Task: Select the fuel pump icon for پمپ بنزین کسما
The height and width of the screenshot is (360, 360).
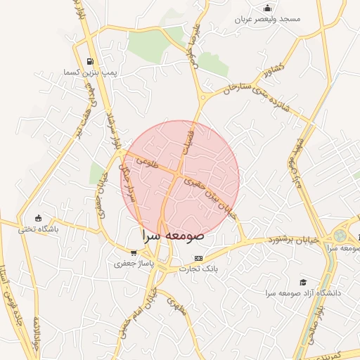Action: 89,61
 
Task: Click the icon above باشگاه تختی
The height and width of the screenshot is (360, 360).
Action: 38,217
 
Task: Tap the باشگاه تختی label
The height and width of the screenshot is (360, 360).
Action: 38,229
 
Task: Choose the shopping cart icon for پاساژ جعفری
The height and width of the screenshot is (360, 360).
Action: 134,252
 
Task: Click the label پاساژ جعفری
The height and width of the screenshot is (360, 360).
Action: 134,264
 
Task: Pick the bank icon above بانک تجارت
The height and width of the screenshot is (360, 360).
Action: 198,258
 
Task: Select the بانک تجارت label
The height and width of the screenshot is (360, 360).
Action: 198,269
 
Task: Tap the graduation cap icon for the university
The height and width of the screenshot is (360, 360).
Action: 303,281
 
